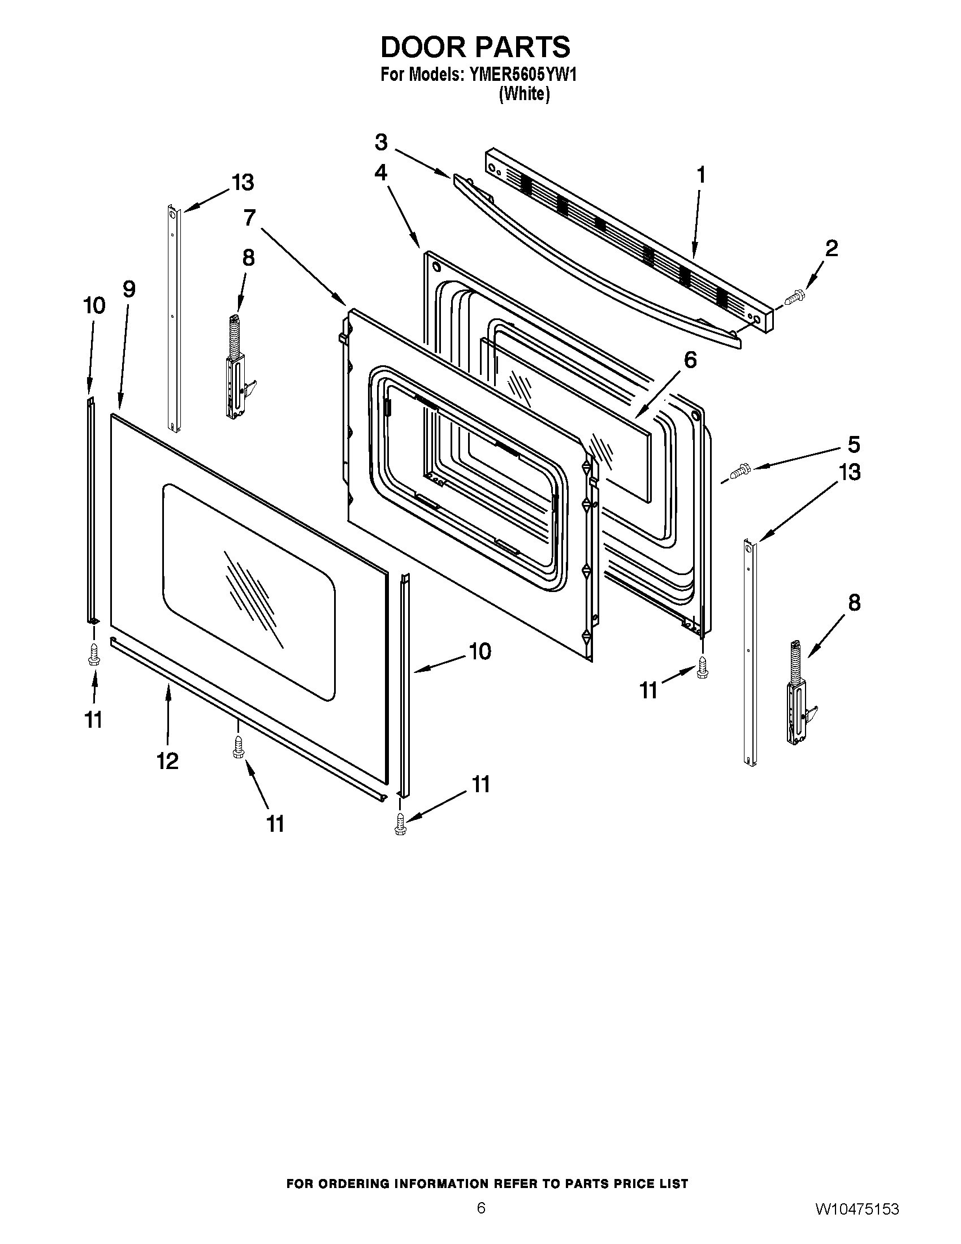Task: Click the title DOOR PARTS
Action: (475, 47)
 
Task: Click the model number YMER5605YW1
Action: (522, 75)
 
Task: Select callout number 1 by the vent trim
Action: (701, 175)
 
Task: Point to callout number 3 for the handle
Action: (381, 142)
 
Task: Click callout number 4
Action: (381, 172)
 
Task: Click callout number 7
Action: (249, 218)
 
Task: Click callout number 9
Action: (129, 290)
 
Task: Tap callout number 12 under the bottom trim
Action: (167, 761)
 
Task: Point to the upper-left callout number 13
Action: (243, 183)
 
